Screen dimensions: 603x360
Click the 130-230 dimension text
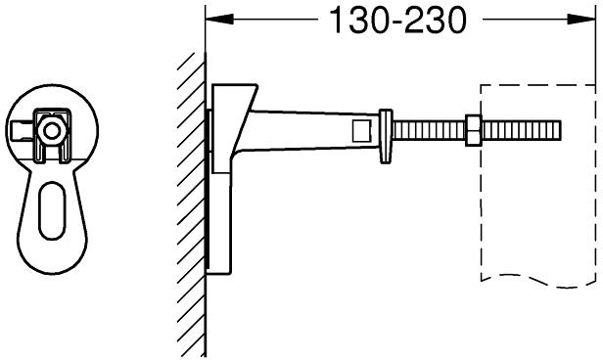pos(398,20)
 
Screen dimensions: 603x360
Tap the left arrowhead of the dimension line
pos(219,19)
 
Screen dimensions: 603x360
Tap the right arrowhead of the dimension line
pos(581,19)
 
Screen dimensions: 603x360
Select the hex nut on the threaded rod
pos(474,130)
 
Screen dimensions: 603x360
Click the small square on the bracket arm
pos(362,130)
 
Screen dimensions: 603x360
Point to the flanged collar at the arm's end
pos(386,136)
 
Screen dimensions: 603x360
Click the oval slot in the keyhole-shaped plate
pos(52,211)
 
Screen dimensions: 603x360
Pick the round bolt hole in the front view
pos(51,131)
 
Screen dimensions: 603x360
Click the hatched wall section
pos(191,203)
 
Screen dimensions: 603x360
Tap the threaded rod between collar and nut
pos(429,130)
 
